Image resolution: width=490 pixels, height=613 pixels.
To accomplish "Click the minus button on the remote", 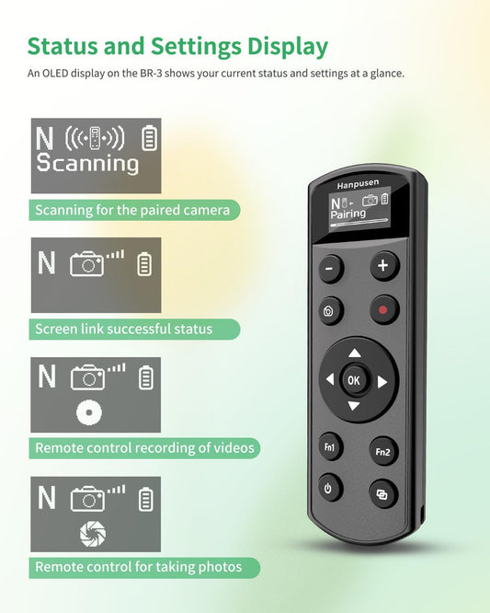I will [x=330, y=269].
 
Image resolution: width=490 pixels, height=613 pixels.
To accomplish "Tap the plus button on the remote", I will [x=384, y=266].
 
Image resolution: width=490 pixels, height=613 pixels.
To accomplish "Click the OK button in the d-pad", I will [x=355, y=379].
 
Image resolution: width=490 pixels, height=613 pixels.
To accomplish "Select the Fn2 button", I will [x=384, y=451].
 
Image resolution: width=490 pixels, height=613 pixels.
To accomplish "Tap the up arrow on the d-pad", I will [x=355, y=353].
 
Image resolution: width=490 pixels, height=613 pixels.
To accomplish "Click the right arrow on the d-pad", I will [x=382, y=380].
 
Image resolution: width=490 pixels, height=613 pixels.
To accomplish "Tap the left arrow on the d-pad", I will [x=329, y=379].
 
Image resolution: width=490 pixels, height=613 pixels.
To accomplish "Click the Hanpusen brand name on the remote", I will [x=357, y=185].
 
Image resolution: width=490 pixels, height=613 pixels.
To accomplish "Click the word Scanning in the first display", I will [x=87, y=164].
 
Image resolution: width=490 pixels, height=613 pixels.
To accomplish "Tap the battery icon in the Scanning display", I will [x=150, y=139].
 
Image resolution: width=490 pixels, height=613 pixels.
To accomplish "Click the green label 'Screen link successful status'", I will [x=124, y=329].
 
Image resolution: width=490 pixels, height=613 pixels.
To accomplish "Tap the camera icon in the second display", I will [x=87, y=264].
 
